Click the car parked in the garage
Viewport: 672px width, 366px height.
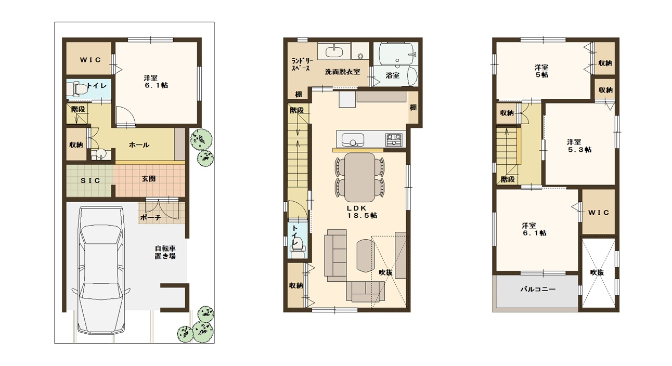click(101, 270)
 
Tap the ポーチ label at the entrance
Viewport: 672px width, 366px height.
click(150, 218)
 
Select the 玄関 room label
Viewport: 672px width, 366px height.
click(149, 179)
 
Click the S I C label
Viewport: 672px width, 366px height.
click(91, 180)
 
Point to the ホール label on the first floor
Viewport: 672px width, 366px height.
click(139, 145)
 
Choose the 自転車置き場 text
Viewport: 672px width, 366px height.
click(165, 252)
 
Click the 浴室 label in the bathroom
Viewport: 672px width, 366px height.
click(392, 75)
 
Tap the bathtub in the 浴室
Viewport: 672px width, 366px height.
click(398, 54)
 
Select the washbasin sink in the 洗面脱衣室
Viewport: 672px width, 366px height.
click(334, 51)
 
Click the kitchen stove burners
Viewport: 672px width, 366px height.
click(394, 139)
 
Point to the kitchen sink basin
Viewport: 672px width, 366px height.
click(353, 140)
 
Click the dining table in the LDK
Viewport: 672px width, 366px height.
click(359, 177)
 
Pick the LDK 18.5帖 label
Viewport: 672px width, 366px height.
click(362, 212)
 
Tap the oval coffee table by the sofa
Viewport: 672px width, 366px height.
click(366, 255)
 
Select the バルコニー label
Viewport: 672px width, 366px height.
click(538, 289)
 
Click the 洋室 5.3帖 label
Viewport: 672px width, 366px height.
click(579, 146)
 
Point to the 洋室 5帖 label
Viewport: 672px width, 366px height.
click(542, 71)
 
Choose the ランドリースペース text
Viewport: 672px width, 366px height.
click(302, 64)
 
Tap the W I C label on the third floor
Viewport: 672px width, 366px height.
click(599, 213)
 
